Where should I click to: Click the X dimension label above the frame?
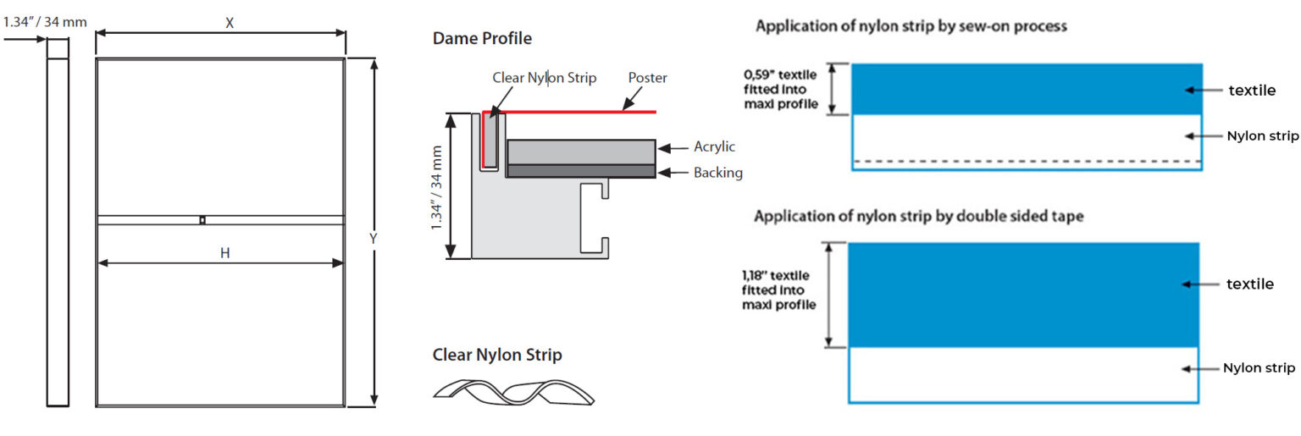coord(230,24)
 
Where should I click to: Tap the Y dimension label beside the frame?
coord(373,239)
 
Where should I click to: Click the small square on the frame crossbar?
coord(202,221)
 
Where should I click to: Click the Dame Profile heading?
coord(482,38)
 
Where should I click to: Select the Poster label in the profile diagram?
coord(647,78)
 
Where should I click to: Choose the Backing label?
coord(717,173)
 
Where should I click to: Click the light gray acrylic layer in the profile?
coord(580,152)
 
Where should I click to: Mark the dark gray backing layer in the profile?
coord(580,171)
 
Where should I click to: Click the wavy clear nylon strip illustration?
coord(513,389)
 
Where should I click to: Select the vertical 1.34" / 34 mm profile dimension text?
coord(437,187)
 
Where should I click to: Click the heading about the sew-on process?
coord(911,26)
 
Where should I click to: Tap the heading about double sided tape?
coord(919,216)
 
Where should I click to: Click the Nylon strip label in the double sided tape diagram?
coord(1259,367)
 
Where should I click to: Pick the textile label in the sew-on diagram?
coord(1251,90)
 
